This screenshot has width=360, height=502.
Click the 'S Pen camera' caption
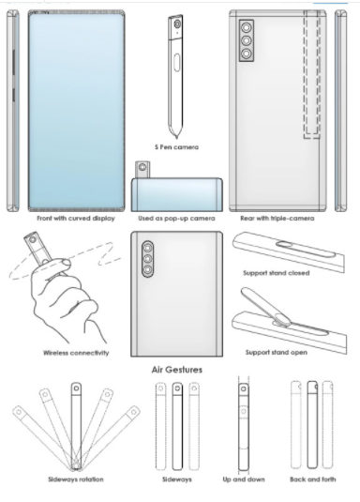point(176,147)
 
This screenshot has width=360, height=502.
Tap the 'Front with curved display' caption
point(76,219)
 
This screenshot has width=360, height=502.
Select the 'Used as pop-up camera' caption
point(176,219)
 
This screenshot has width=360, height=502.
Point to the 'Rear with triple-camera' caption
point(277,219)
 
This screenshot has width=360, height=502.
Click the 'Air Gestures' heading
point(177,370)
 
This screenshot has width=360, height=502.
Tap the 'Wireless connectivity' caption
point(76,353)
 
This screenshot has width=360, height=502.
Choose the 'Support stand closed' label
point(277,273)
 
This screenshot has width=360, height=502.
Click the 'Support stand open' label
point(277,352)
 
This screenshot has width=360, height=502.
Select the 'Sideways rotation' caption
point(76,479)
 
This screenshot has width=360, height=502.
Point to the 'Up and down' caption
point(244,479)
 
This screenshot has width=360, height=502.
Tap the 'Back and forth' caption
point(313,479)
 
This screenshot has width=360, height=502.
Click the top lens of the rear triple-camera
point(246,28)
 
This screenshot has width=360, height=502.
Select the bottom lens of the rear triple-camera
point(246,53)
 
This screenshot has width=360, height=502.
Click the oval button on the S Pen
point(176,62)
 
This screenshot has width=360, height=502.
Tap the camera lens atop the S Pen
point(177,24)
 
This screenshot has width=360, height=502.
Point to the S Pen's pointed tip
point(176,138)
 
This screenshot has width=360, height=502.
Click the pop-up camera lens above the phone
point(142,167)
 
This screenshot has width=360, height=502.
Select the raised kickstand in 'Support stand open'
point(264,306)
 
